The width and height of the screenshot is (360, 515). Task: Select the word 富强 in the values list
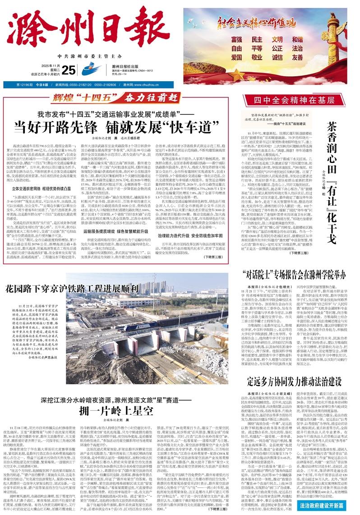(x=235, y=40)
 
